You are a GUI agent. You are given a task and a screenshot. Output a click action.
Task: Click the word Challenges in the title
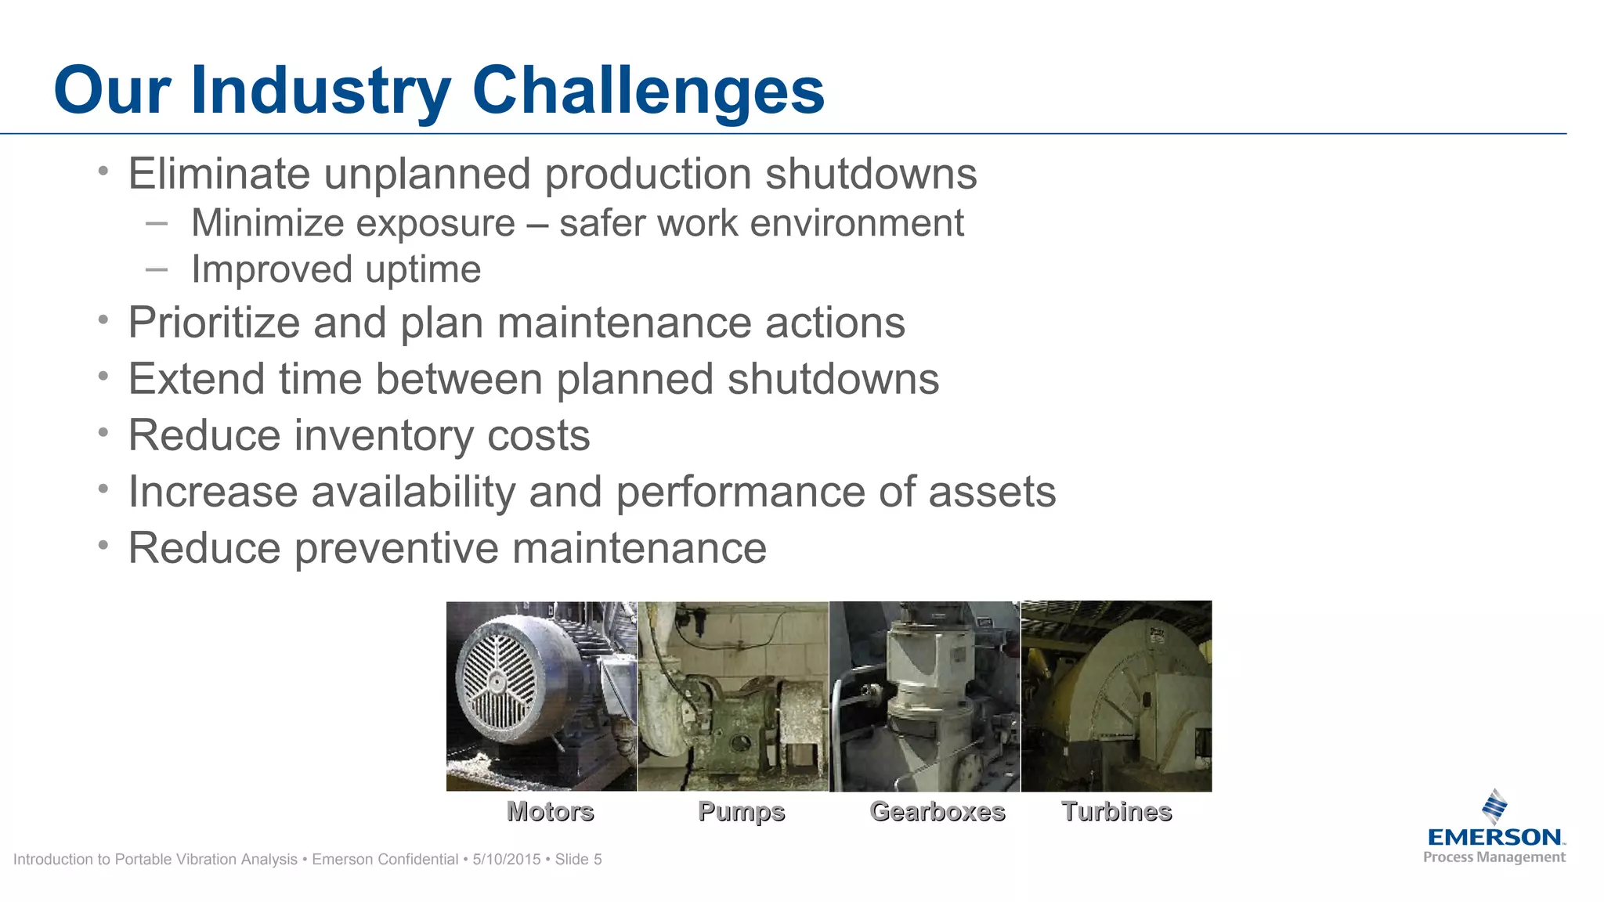click(648, 91)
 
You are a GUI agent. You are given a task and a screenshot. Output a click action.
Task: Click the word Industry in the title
click(320, 91)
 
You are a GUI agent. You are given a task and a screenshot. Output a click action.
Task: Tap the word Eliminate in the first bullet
click(219, 174)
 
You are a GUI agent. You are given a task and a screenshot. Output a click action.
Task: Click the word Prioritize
click(214, 323)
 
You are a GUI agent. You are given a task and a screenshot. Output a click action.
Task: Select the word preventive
click(396, 548)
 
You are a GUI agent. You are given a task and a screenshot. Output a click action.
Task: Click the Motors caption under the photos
click(550, 811)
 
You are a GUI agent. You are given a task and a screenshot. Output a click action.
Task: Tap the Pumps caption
click(741, 811)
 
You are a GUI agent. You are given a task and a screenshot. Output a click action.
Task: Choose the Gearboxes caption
click(937, 811)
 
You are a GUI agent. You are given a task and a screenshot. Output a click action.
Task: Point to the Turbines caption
click(1116, 811)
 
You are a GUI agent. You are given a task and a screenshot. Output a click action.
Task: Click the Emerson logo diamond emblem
click(1495, 806)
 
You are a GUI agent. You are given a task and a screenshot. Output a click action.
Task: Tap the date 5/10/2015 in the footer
click(507, 859)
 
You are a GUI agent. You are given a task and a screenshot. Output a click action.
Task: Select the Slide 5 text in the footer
click(578, 859)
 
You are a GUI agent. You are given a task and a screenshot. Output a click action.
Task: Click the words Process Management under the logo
click(1494, 857)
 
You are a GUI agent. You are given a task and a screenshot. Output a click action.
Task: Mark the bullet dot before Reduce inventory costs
click(103, 432)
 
